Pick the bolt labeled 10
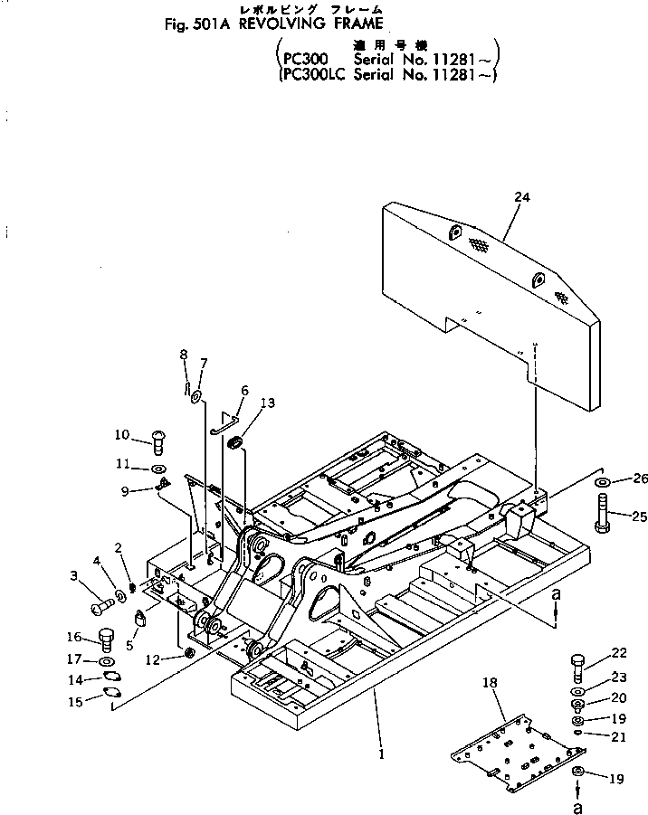157,442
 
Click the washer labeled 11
157,469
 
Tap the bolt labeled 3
97,599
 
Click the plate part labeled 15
115,694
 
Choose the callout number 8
183,355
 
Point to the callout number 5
130,648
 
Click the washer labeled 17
105,659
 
